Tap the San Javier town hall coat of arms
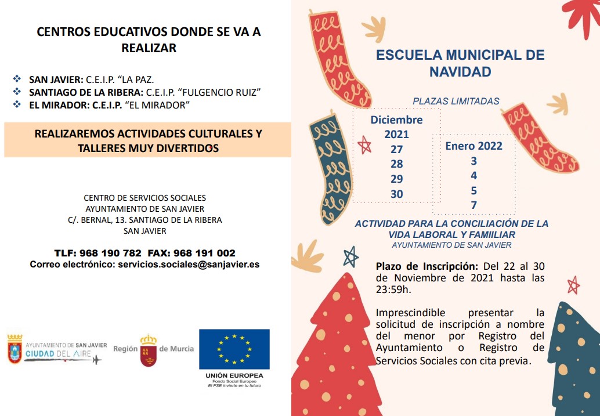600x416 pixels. click(x=15, y=349)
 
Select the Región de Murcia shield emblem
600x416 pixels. click(x=149, y=350)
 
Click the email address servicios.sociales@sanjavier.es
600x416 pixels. click(x=189, y=264)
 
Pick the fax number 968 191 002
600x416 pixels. click(x=207, y=253)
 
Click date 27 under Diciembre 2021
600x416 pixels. click(x=397, y=149)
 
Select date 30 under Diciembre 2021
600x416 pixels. click(x=397, y=194)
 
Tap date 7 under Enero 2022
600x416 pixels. click(x=474, y=205)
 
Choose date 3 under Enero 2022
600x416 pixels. click(x=474, y=161)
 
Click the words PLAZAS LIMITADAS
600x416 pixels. click(x=456, y=101)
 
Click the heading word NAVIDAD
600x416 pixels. click(x=460, y=72)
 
